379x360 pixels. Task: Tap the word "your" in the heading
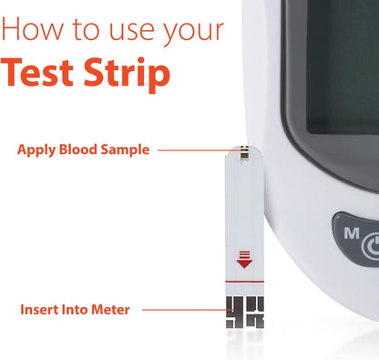[197, 32]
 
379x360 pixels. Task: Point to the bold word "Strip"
[130, 76]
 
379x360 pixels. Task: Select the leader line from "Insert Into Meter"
[182, 310]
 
